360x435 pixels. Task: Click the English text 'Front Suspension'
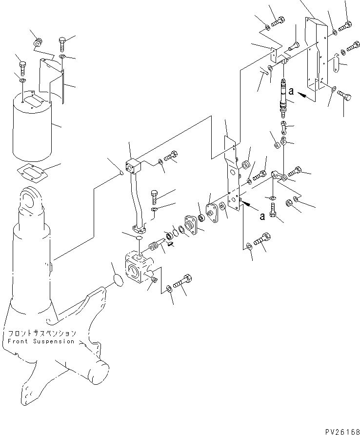coord(41,341)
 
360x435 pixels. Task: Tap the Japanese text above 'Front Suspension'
coord(41,334)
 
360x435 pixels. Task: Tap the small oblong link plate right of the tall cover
coord(334,64)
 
